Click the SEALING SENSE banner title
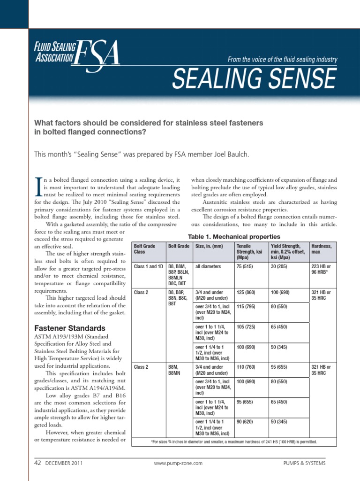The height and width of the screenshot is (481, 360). click(254, 78)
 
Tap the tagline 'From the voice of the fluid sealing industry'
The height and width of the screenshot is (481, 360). click(282, 59)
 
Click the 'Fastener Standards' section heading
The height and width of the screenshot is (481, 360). click(70, 328)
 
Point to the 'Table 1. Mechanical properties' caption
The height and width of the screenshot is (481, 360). click(234, 237)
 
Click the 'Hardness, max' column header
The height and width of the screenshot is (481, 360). click(321, 249)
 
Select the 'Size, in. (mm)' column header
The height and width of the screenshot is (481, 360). click(209, 246)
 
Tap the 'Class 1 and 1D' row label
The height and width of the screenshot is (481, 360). click(149, 266)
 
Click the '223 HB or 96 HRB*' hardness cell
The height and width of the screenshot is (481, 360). click(321, 269)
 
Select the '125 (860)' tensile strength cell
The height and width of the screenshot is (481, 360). click(246, 292)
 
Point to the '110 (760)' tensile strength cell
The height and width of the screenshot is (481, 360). click(246, 367)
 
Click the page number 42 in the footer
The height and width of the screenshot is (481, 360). click(38, 463)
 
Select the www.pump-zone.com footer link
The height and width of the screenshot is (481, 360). click(178, 463)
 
